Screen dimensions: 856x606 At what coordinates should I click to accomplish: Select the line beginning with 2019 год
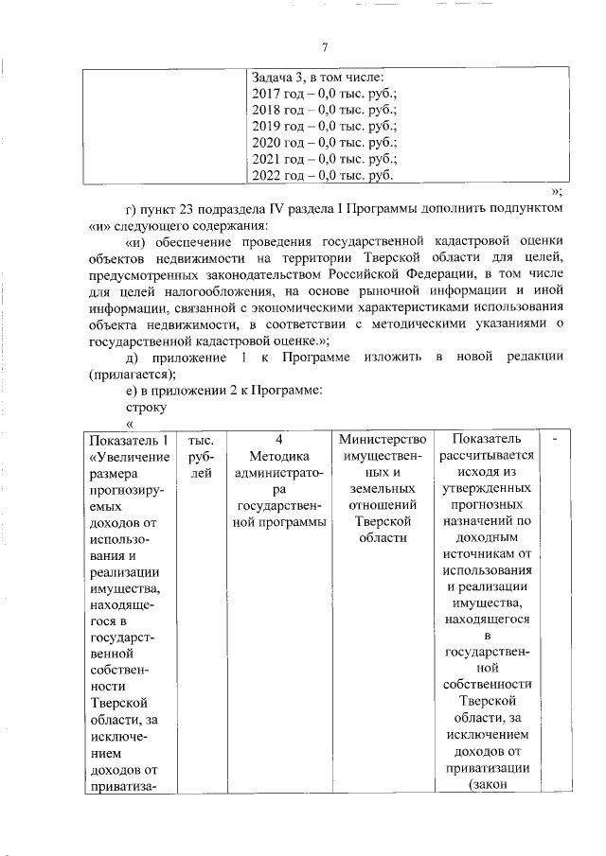tap(324, 126)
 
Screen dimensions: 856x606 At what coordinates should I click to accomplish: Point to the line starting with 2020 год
tap(324, 142)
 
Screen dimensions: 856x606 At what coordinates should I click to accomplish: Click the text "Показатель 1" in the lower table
tap(127, 440)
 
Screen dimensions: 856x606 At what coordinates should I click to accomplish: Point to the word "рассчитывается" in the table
tap(487, 456)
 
